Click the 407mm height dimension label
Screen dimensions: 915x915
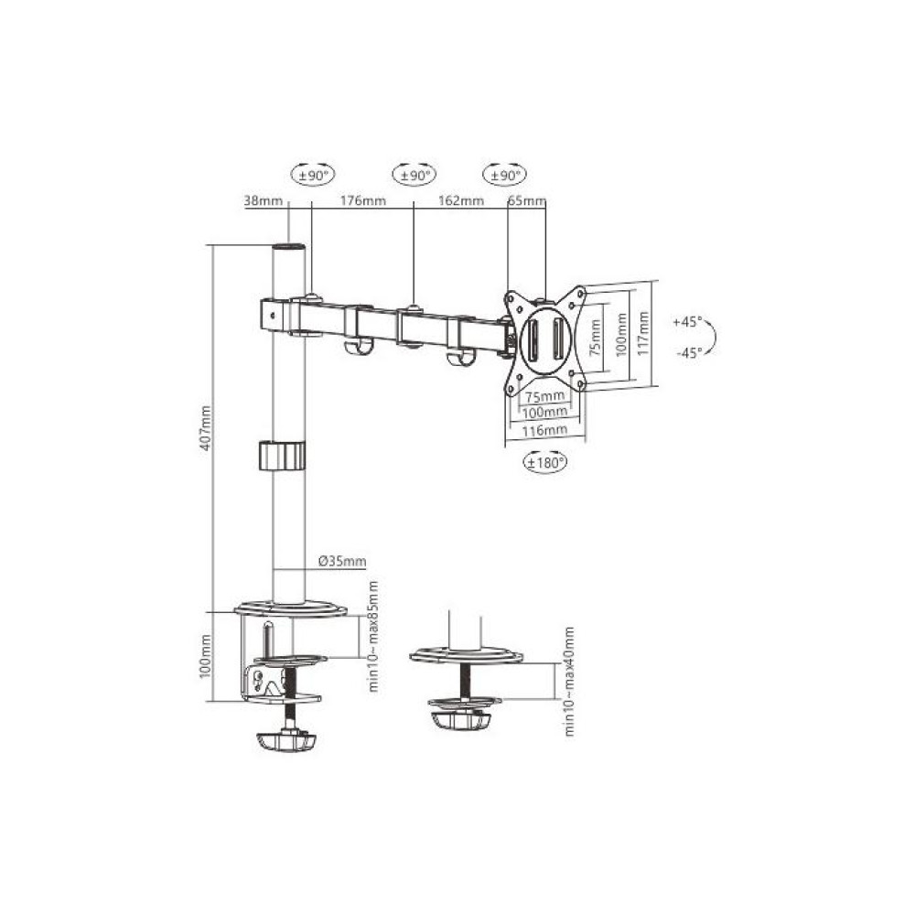pos(205,427)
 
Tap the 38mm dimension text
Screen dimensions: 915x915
pos(263,200)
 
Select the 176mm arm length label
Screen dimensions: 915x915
pos(363,200)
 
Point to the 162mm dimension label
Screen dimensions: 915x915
pos(461,200)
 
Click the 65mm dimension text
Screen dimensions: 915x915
pos(526,200)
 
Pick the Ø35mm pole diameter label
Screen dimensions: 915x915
pos(342,562)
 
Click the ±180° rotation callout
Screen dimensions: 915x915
pos(545,463)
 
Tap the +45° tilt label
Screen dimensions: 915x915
pos(687,321)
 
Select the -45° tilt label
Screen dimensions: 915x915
pos(689,352)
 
